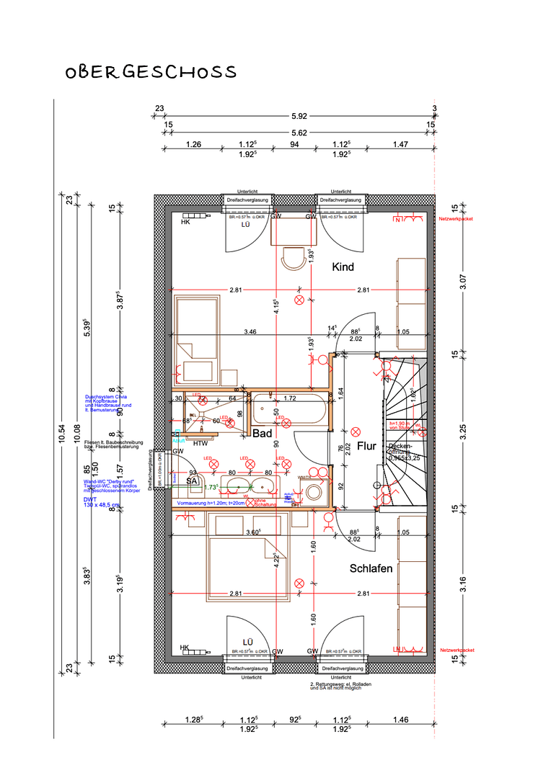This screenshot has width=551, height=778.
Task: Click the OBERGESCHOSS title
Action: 151,72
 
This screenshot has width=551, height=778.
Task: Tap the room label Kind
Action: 343,267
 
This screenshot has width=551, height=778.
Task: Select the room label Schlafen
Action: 371,568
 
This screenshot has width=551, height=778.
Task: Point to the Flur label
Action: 366,446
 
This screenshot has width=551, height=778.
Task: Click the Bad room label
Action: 261,433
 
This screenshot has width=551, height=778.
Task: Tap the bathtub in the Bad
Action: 290,411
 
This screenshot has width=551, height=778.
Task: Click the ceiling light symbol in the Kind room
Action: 299,300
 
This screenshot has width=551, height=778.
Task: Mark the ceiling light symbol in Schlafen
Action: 299,583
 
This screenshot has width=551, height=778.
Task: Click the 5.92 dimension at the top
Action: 299,115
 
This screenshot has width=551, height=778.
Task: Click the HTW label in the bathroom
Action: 200,444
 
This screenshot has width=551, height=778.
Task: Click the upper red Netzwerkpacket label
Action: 456,218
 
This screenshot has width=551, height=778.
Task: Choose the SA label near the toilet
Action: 192,480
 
